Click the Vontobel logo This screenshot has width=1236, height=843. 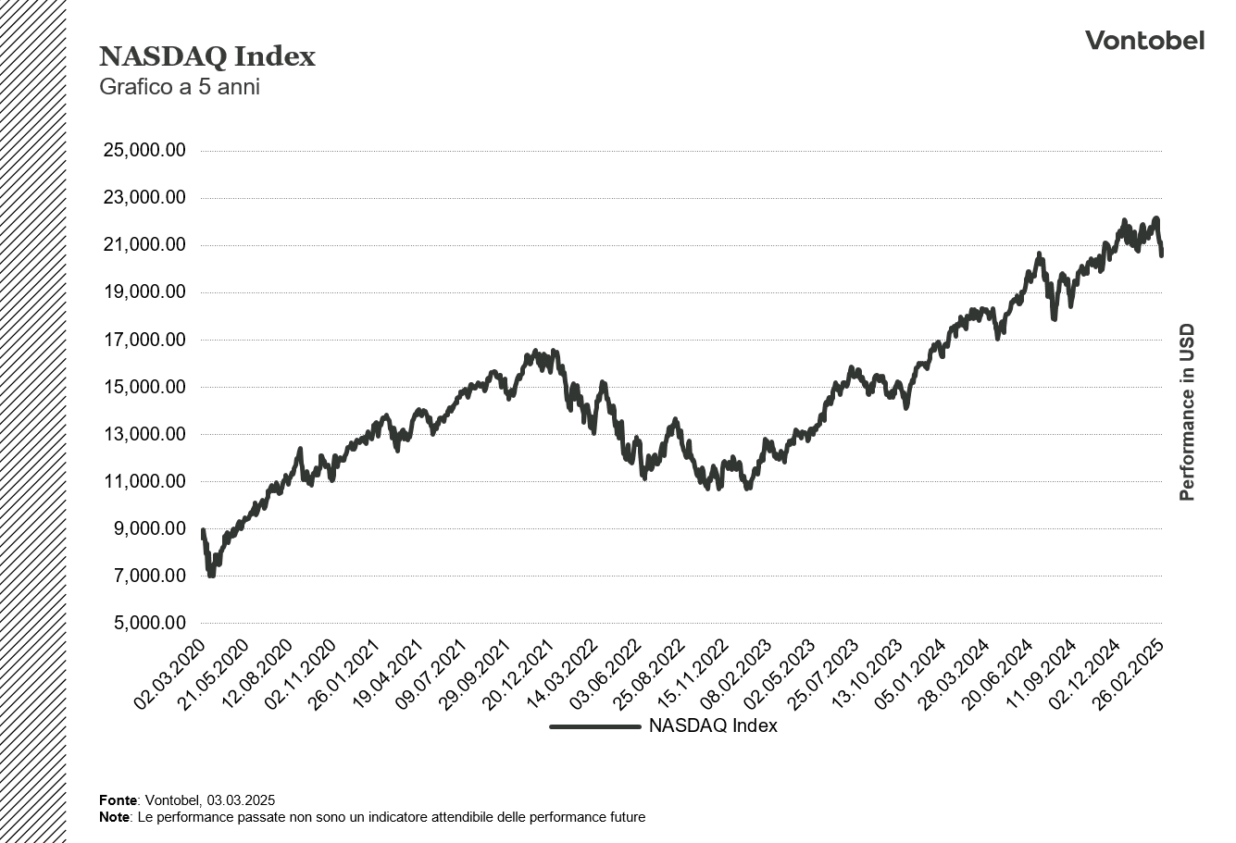pos(1144,41)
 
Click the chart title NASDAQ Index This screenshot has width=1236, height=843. pos(207,57)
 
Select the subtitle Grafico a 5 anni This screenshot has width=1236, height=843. pos(180,89)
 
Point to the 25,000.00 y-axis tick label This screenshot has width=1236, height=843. pos(149,150)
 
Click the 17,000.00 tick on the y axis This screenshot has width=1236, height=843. pos(149,340)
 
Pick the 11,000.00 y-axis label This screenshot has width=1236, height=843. pos(149,481)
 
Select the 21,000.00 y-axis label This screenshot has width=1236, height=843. pos(149,245)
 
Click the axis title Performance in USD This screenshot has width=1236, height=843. pos(1187,413)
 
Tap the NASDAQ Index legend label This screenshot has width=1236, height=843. pos(713,726)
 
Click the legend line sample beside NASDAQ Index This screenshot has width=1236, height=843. pos(594,726)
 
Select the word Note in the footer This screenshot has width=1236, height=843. pos(115,817)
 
